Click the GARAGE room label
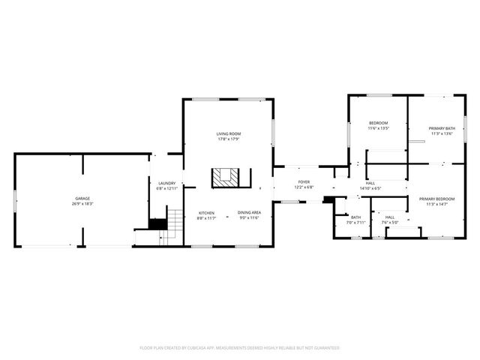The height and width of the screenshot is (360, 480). pos(82,198)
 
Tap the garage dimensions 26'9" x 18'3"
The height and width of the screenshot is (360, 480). pos(82,203)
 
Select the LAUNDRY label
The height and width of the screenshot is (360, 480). pos(166,183)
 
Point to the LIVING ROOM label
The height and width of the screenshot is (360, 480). pos(229,133)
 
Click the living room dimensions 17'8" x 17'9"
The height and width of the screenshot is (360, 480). pos(229,139)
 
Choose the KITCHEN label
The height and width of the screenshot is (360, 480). pos(206,213)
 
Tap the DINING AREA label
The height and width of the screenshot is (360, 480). pos(250,213)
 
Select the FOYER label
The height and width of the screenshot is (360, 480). pos(304,182)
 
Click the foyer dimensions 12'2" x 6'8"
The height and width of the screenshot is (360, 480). pos(304,187)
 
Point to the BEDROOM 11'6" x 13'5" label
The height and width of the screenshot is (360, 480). pos(378,123)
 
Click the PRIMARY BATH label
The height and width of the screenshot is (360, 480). pos(441,128)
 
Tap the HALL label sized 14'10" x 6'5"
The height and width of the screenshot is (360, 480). pos(370,183)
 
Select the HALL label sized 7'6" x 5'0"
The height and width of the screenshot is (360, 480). pos(390,217)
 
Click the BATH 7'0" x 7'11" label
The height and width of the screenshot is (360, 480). pos(355,217)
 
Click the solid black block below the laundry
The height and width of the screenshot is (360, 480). pos(157,223)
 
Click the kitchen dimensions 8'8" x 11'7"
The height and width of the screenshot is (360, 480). pos(206,218)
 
